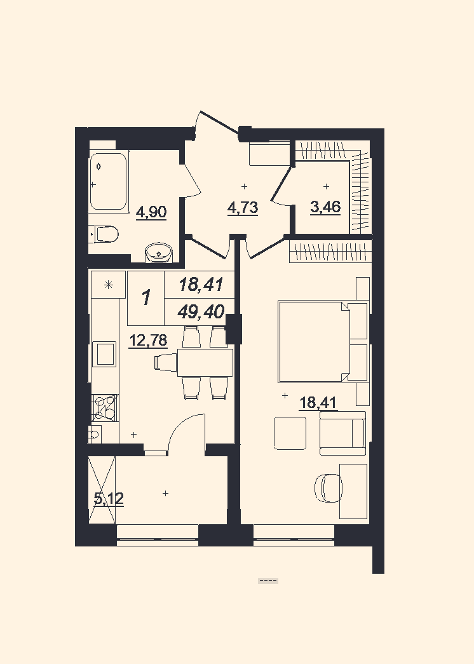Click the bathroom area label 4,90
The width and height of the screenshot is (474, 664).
tap(151, 212)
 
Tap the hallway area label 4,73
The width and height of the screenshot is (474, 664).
tap(243, 208)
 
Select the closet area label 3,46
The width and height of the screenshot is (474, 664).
tap(325, 207)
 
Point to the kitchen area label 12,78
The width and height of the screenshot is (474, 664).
tap(148, 340)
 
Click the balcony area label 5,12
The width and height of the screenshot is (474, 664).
tap(109, 498)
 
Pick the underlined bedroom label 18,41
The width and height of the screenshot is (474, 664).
tap(318, 402)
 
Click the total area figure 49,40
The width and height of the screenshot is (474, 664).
tap(201, 312)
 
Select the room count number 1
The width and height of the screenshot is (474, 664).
tap(146, 298)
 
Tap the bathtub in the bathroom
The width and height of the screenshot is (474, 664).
tap(108, 182)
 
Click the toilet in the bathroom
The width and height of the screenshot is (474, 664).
tap(105, 234)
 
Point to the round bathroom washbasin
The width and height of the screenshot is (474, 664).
tap(159, 253)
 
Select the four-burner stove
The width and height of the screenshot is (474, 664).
tap(105, 407)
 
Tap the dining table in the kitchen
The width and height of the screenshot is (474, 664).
tap(205, 362)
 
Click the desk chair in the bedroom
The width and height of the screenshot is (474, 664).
tap(328, 488)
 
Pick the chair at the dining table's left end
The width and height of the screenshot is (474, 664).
tap(166, 363)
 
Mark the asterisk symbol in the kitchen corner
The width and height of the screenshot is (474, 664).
tap(109, 285)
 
